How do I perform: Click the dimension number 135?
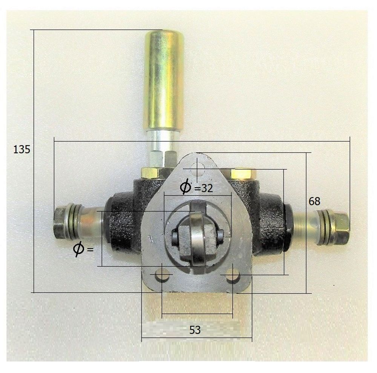[x=21, y=150]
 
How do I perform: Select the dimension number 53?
[x=195, y=330]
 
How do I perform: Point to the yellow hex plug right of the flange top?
[x=244, y=174]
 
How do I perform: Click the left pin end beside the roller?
[x=175, y=237]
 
